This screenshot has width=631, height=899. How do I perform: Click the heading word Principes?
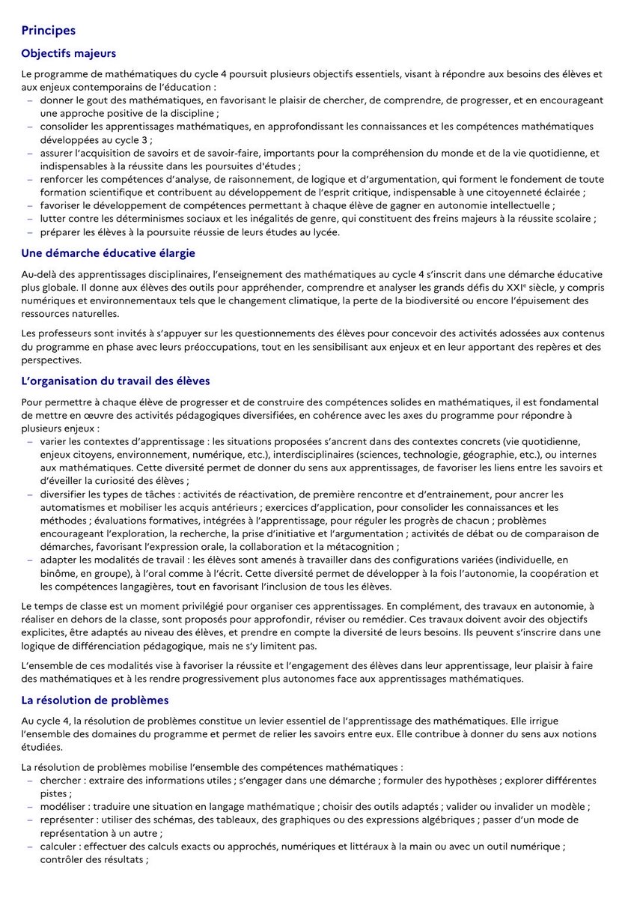point(48,31)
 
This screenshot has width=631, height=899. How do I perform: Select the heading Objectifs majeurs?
point(68,54)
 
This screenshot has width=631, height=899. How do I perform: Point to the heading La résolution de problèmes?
point(95,700)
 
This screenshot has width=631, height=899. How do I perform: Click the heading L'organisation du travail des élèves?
point(115,381)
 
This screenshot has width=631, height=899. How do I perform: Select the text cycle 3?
point(134,139)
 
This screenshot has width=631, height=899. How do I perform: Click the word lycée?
point(323,232)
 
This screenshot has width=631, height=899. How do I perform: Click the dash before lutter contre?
point(30,219)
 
